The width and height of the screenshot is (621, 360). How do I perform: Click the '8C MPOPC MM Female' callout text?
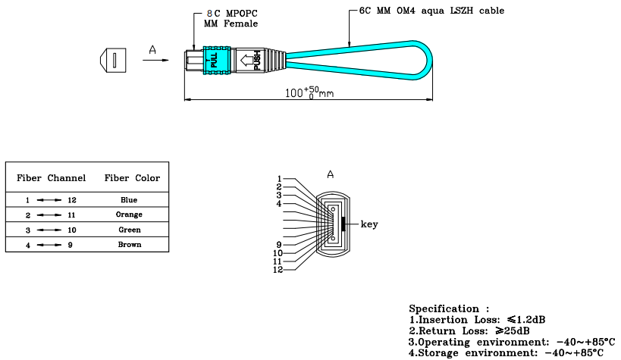pos(231,19)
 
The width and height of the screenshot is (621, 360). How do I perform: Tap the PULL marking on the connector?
pos(214,59)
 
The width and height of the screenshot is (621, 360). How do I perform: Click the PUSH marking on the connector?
pos(257,59)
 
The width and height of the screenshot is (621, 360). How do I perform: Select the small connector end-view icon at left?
pos(111,60)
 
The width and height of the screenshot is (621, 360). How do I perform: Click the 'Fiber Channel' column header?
pos(52,178)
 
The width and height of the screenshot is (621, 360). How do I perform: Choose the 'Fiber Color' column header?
pos(132,178)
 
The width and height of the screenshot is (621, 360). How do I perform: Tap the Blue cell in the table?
pos(129,200)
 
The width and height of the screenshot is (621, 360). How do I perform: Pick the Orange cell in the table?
pos(129,214)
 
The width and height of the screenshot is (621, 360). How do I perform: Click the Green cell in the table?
pos(129,230)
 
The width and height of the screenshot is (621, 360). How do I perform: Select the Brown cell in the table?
pos(129,245)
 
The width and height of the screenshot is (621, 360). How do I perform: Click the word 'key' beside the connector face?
pos(369,224)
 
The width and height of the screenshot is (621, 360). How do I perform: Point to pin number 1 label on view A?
pos(279,179)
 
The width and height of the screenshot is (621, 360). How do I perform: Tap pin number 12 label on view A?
pos(278,270)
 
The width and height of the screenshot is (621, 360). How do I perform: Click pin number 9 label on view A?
pos(279,245)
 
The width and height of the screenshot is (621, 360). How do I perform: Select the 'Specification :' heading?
pos(444,309)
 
